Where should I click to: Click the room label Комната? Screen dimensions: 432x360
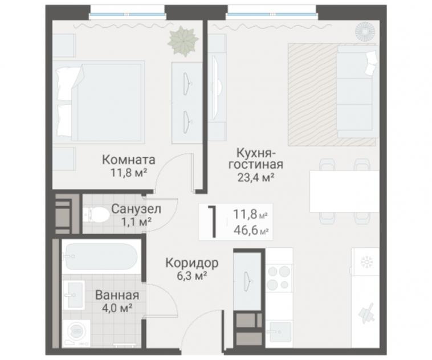coord(129,159)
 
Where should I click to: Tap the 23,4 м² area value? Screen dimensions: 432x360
coord(256,177)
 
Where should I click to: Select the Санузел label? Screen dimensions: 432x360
coord(136,209)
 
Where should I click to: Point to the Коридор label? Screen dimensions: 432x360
coord(191,263)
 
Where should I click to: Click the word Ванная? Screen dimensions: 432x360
coord(117,295)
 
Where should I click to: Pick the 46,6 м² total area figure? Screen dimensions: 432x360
coord(251,231)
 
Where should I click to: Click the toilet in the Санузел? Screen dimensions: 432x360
coord(96,215)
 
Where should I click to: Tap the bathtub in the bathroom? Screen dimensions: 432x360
coord(100,256)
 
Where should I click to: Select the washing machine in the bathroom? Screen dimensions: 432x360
coord(76,333)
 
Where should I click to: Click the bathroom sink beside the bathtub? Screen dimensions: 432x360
coord(74,296)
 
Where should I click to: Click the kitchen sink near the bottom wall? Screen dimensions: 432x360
coord(280,333)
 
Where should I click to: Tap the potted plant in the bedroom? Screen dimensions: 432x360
coord(183,40)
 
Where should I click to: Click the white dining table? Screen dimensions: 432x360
coord(344,191)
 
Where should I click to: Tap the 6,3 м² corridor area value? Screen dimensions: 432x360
coord(192,276)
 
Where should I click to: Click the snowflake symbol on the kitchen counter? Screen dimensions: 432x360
coord(366,261)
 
